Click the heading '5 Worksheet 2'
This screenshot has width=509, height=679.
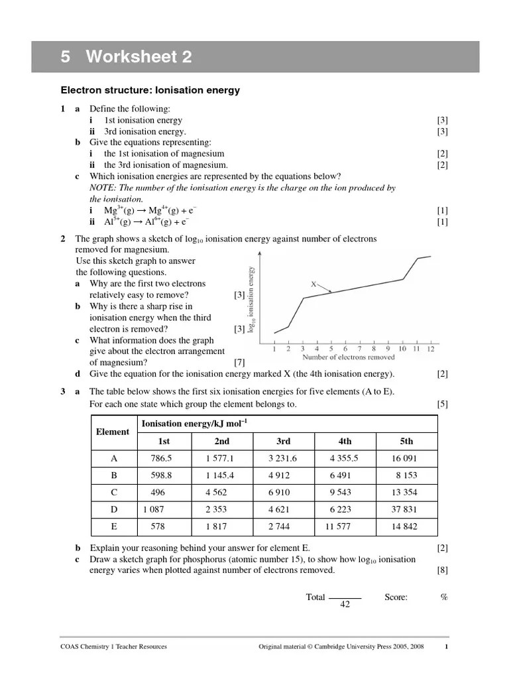point(127,57)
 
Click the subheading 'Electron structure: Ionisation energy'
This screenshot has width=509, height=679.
point(150,90)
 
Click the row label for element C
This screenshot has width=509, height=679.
point(113,493)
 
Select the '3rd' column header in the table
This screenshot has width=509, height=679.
point(284,441)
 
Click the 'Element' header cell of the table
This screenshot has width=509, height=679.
point(113,432)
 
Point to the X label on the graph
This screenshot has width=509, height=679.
point(314,284)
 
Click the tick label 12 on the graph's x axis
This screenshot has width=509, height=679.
point(431,347)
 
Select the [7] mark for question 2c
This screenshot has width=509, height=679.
point(240,363)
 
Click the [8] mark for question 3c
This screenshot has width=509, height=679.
point(442,570)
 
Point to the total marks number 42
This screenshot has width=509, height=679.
point(344,605)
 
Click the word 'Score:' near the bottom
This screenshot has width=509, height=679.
point(396,597)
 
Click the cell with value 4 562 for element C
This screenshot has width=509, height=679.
point(221,493)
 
